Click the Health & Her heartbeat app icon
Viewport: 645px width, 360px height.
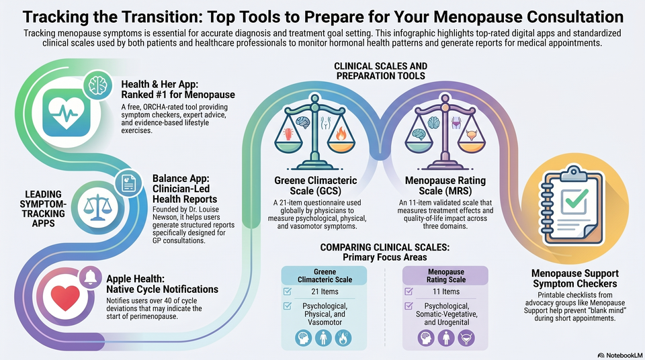pyautogui.click(x=67, y=112)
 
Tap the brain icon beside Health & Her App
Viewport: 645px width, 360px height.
pyautogui.click(x=98, y=85)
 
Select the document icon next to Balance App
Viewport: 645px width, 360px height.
pyautogui.click(x=128, y=183)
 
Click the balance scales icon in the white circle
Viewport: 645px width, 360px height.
pyautogui.click(x=97, y=207)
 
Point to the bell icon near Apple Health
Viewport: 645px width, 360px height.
pyautogui.click(x=91, y=277)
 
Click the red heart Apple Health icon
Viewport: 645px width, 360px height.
pyautogui.click(x=65, y=297)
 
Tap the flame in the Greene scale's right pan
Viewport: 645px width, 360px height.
pyautogui.click(x=341, y=133)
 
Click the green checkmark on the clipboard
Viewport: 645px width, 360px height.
pyautogui.click(x=576, y=199)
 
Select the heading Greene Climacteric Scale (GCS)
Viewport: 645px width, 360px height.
pyautogui.click(x=316, y=185)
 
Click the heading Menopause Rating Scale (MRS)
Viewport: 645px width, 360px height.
pyautogui.click(x=445, y=185)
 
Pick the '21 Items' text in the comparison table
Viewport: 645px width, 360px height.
pyautogui.click(x=325, y=291)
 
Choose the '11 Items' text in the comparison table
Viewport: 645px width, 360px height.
pyautogui.click(x=446, y=291)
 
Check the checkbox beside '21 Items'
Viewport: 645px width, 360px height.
pyautogui.click(x=288, y=291)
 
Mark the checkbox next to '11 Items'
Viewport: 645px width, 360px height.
pyautogui.click(x=408, y=291)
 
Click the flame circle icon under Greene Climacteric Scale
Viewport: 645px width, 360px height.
pyautogui.click(x=343, y=339)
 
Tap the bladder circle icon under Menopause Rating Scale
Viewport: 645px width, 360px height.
pyautogui.click(x=466, y=339)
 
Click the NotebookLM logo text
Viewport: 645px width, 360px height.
pyautogui.click(x=620, y=355)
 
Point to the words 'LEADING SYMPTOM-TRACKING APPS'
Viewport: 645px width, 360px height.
pyautogui.click(x=43, y=209)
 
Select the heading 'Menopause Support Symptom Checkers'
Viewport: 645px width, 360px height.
pyautogui.click(x=575, y=279)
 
